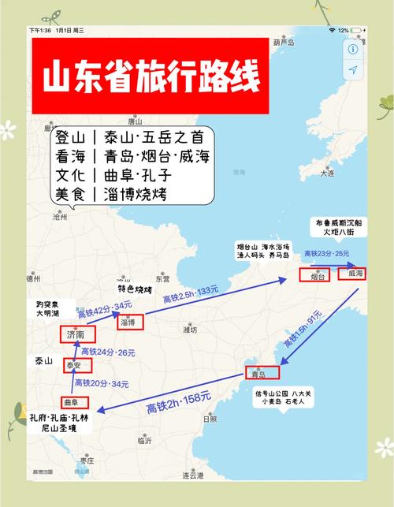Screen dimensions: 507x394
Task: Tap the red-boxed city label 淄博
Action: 126,322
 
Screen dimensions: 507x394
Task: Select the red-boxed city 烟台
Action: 316,276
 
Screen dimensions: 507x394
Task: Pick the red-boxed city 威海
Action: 351,274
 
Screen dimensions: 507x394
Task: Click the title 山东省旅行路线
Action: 149,77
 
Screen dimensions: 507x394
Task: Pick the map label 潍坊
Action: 189,329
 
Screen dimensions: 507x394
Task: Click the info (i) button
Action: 352,48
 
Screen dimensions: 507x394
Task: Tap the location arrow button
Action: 352,70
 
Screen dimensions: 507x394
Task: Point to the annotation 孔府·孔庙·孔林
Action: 59,417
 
